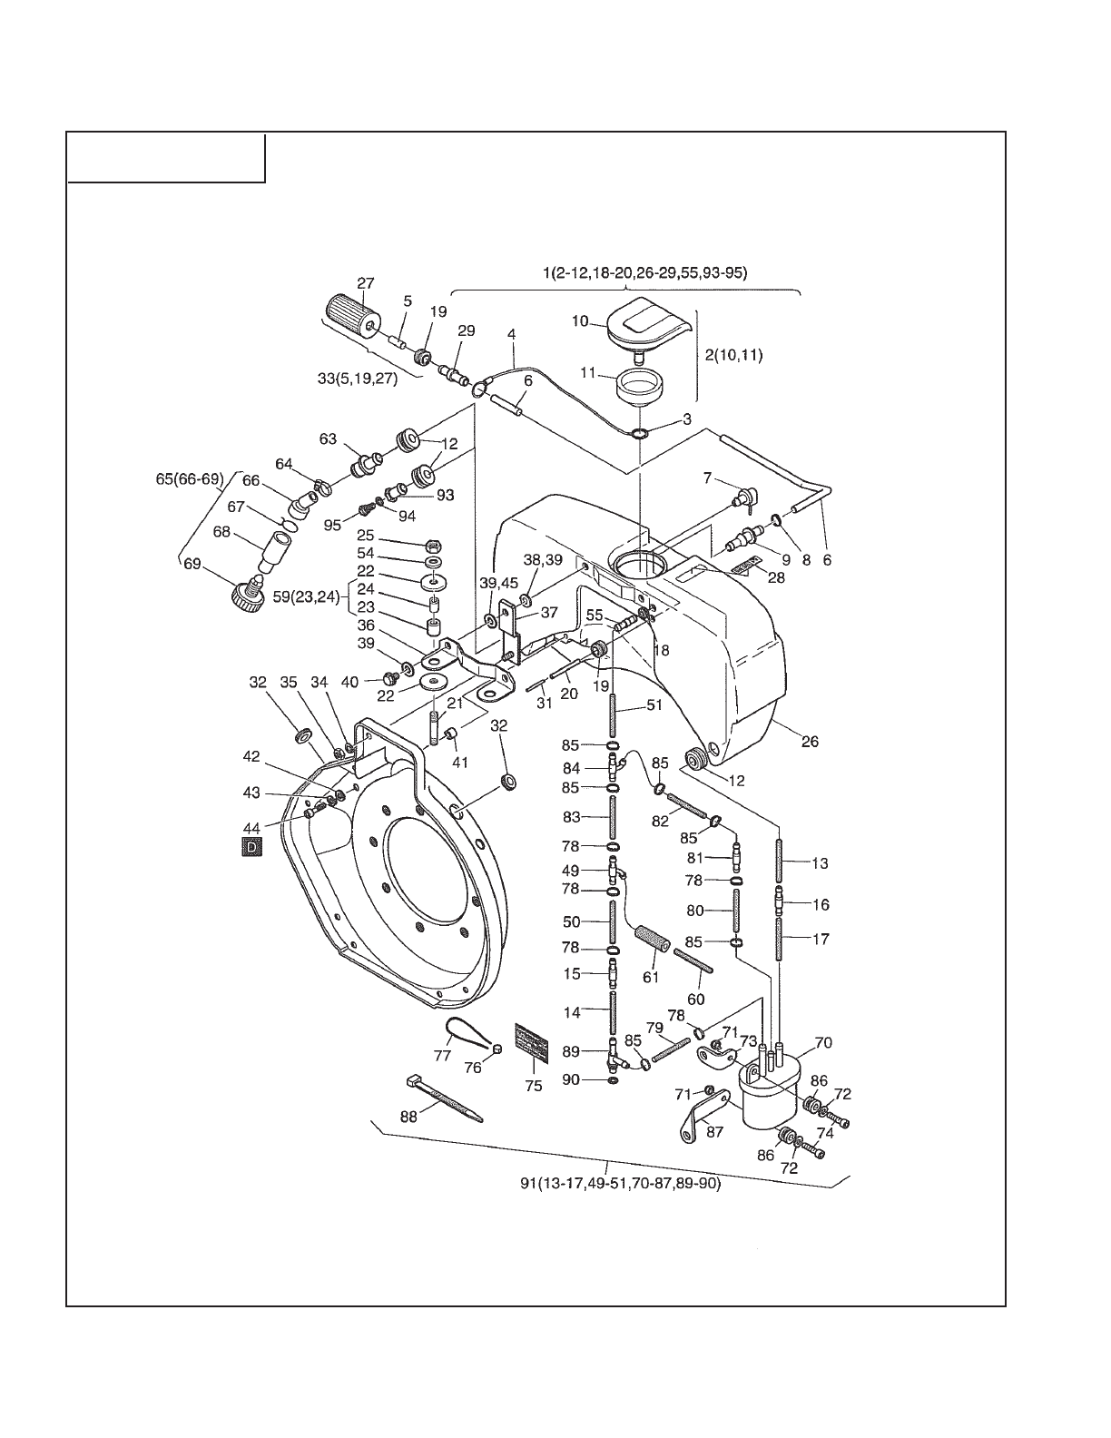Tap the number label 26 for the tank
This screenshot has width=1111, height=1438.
pos(810,741)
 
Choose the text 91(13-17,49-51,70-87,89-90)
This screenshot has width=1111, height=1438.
pos(620,1183)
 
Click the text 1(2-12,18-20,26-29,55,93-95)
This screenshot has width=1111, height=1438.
pos(644,272)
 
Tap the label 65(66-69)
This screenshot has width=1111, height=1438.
pos(190,478)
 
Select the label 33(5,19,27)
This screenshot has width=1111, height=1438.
pos(358,379)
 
